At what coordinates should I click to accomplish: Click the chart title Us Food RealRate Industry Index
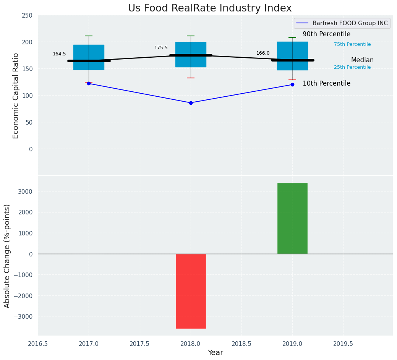coord(210,8)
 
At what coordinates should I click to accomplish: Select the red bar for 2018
coord(191,291)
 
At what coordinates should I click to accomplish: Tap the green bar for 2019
coord(292,218)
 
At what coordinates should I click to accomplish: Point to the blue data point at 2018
coord(191,103)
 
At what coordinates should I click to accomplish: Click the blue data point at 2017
coord(89,83)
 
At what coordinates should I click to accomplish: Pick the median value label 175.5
coord(161,48)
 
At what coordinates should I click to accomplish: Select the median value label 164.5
coord(59,54)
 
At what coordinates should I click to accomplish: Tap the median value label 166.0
coord(263,53)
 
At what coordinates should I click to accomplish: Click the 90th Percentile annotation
coord(326,34)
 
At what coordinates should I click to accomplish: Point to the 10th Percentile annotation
coord(326,83)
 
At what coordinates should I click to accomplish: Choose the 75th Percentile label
coord(352,44)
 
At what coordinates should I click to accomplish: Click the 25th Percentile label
coord(352,67)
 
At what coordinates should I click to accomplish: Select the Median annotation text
coord(362,60)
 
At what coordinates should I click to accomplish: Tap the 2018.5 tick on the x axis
coord(241,344)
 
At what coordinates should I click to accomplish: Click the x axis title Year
coord(216,353)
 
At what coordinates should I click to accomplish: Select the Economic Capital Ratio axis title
coord(16,96)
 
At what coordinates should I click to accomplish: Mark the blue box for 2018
coord(191,55)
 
